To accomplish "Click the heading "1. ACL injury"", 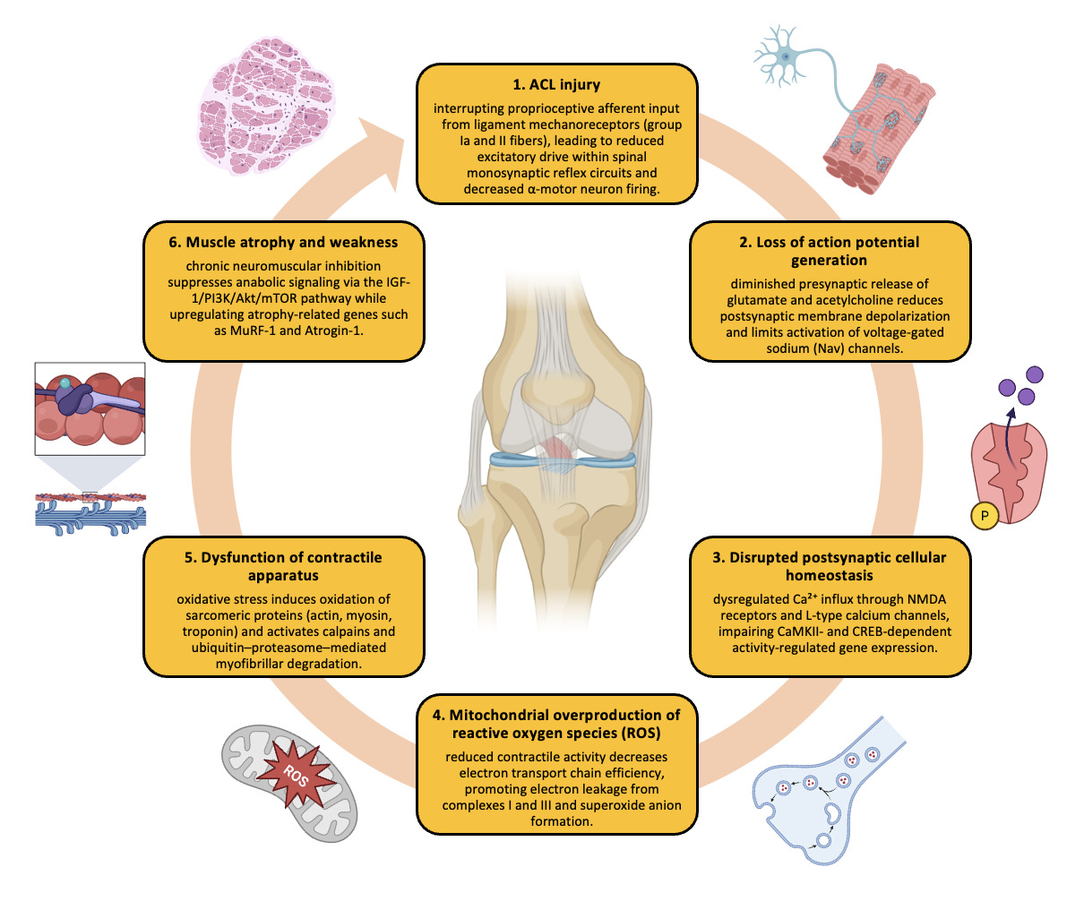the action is coord(556,84).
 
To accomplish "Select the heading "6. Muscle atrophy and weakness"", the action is coord(283,243).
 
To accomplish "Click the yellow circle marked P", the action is coord(985,516).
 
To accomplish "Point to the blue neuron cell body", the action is coord(786,56).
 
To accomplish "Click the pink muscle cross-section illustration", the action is coord(266,106).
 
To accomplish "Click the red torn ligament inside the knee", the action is coord(555,449).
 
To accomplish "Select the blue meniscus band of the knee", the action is coord(563,460).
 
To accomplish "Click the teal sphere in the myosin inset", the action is coord(65,383).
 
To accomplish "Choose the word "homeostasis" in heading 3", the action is coord(829,575).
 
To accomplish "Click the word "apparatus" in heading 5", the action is coord(283,576).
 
